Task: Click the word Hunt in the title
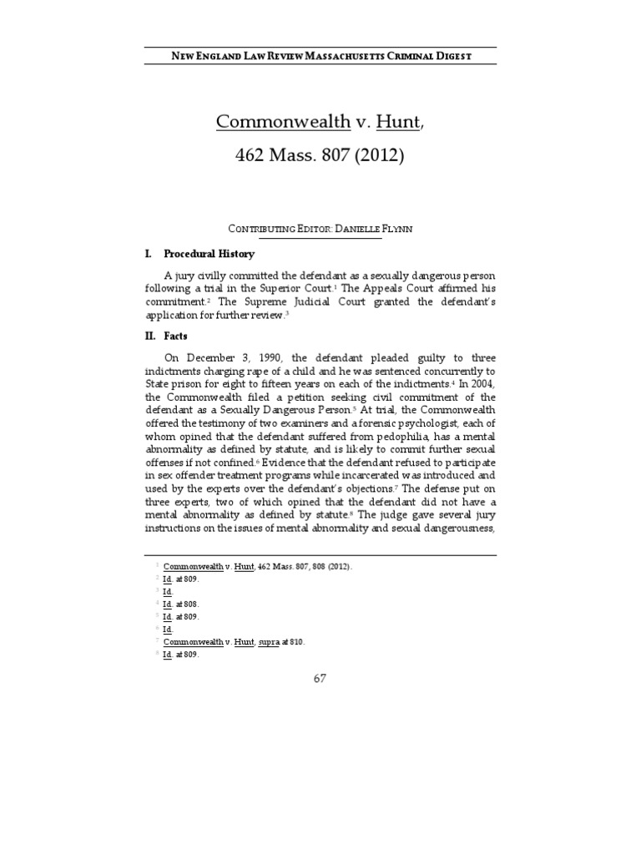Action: click(x=398, y=121)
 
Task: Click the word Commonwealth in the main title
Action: click(x=282, y=121)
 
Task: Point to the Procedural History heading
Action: click(x=209, y=254)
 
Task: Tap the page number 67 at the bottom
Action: click(x=320, y=678)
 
